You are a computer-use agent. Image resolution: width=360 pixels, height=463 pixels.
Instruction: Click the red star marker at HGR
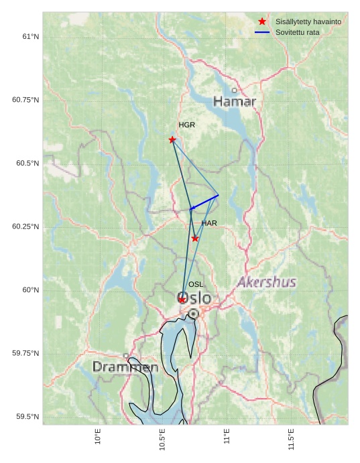(172, 139)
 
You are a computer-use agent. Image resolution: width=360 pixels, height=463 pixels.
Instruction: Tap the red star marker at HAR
(195, 239)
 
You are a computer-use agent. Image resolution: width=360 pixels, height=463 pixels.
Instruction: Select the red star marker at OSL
(182, 300)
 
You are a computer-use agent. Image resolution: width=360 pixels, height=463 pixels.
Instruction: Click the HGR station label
(186, 125)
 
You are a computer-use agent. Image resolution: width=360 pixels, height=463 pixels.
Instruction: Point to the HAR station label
(209, 223)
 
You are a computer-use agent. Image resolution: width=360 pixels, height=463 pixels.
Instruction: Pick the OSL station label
(196, 285)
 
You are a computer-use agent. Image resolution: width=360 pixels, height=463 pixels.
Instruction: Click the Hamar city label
(235, 102)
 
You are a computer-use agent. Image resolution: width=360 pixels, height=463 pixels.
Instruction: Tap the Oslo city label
(194, 298)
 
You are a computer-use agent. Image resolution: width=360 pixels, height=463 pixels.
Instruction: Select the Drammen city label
(125, 367)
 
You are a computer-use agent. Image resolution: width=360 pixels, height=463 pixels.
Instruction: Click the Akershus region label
(267, 282)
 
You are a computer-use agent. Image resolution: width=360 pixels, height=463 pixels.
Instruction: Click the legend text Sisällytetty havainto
(308, 22)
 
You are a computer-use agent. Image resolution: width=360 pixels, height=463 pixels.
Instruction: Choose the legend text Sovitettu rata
(298, 32)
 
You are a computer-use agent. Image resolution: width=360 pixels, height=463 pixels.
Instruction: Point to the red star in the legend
(262, 22)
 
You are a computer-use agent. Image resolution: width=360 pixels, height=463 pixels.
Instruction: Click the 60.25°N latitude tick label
(25, 226)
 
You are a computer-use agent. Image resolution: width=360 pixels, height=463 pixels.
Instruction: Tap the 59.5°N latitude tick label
(25, 417)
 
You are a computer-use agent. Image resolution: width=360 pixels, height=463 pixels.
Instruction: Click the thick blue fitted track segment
(204, 202)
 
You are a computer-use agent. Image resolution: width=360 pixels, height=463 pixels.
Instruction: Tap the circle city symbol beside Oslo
(194, 314)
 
